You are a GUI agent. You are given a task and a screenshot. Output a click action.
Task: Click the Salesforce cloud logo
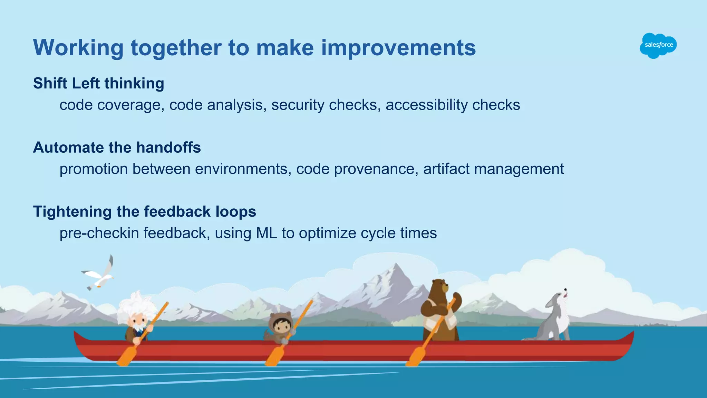658,45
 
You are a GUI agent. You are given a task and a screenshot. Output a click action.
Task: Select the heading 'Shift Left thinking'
98,84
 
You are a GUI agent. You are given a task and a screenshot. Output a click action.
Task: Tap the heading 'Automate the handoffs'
117,148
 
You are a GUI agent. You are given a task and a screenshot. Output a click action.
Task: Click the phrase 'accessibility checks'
453,105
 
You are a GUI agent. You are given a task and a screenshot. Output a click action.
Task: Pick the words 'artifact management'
493,169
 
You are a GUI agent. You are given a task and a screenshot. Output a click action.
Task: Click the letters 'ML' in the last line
266,233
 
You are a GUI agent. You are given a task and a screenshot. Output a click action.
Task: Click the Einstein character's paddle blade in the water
126,356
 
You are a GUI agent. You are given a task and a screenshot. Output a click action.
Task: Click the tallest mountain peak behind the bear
396,265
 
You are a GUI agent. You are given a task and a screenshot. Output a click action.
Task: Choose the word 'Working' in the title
78,48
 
